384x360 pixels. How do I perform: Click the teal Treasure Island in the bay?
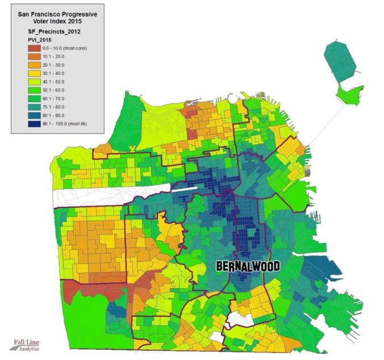coord(341,60)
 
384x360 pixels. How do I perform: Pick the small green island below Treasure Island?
coord(349,94)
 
